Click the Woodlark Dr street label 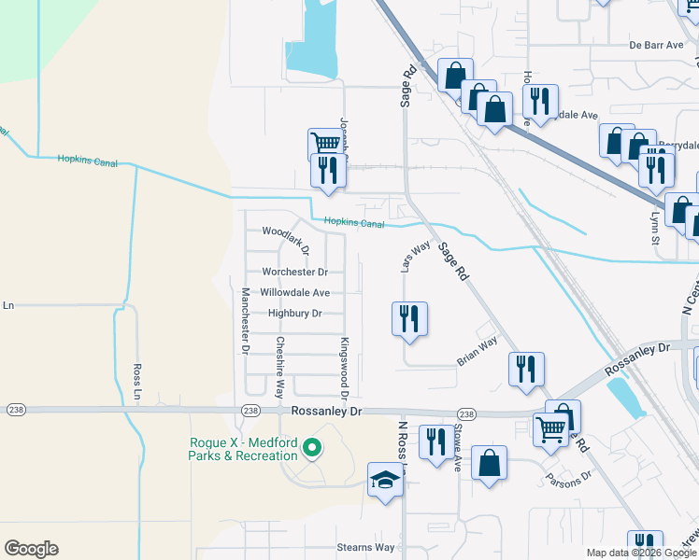pos(285,231)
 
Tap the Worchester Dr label pos(294,273)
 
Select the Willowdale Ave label pos(294,293)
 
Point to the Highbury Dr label pos(294,314)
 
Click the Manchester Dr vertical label pos(245,318)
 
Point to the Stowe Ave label pos(458,447)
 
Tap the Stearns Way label pos(365,548)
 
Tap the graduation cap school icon pos(384,480)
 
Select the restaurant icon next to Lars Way pos(408,318)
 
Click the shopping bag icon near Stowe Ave pos(489,463)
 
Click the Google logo pos(31,549)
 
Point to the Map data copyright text pos(641,553)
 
